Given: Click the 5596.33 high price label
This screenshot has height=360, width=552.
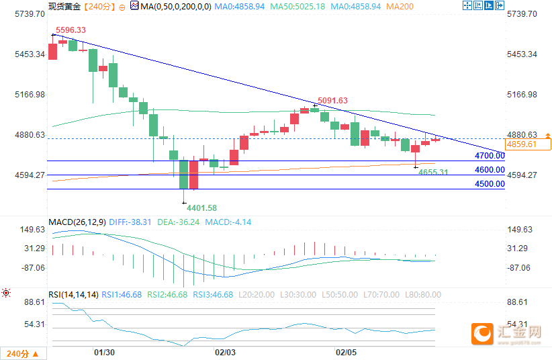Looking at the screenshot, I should [x=71, y=30].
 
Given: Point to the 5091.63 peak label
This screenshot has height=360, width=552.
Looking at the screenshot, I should [x=332, y=101].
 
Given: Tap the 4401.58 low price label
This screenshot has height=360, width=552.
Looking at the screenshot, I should [x=202, y=208].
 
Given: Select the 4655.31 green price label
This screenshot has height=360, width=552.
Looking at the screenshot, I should [x=433, y=173].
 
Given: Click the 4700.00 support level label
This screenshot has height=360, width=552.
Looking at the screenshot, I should [x=490, y=156].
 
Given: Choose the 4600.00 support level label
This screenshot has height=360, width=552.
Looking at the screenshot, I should [x=490, y=170].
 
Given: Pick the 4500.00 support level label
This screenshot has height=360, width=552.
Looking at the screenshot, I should [x=490, y=184].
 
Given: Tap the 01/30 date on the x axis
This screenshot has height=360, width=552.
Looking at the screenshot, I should [x=104, y=352].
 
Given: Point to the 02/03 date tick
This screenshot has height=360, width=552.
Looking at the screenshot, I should [x=225, y=352].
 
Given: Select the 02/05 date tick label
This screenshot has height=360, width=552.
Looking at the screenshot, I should [x=345, y=352].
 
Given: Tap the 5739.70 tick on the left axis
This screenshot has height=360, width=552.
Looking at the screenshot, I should [x=26, y=14].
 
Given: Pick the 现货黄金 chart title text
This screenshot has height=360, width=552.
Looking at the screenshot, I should [x=64, y=6].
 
